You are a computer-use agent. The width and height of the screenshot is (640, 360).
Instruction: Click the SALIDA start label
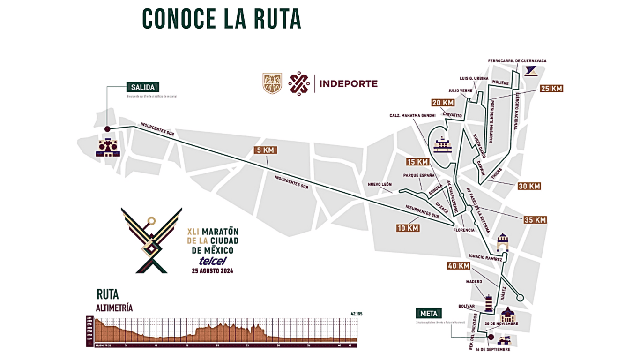[143, 87]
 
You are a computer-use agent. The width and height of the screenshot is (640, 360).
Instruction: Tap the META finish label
[428, 314]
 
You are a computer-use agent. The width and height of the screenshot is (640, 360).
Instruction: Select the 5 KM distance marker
[265, 150]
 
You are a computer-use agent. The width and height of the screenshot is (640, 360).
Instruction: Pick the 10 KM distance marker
[408, 228]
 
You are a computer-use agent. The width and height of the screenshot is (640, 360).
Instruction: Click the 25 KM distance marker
[551, 88]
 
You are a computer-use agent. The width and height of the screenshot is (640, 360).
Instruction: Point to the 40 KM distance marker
[458, 266]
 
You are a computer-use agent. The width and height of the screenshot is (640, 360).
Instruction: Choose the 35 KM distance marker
[535, 220]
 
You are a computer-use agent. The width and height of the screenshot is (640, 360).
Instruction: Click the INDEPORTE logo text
[348, 84]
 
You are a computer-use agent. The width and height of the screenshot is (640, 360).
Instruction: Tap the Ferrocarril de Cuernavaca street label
[517, 61]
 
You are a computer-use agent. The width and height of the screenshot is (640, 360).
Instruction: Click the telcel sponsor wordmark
[213, 261]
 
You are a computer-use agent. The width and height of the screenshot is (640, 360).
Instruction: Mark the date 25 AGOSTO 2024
[212, 270]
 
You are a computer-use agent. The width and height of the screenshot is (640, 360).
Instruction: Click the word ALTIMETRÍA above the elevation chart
[114, 308]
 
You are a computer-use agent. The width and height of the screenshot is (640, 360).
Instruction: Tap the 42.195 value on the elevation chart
[356, 314]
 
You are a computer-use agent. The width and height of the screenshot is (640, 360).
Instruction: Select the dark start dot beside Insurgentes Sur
[107, 129]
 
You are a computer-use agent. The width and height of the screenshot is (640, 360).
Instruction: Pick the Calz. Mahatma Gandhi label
[412, 115]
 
